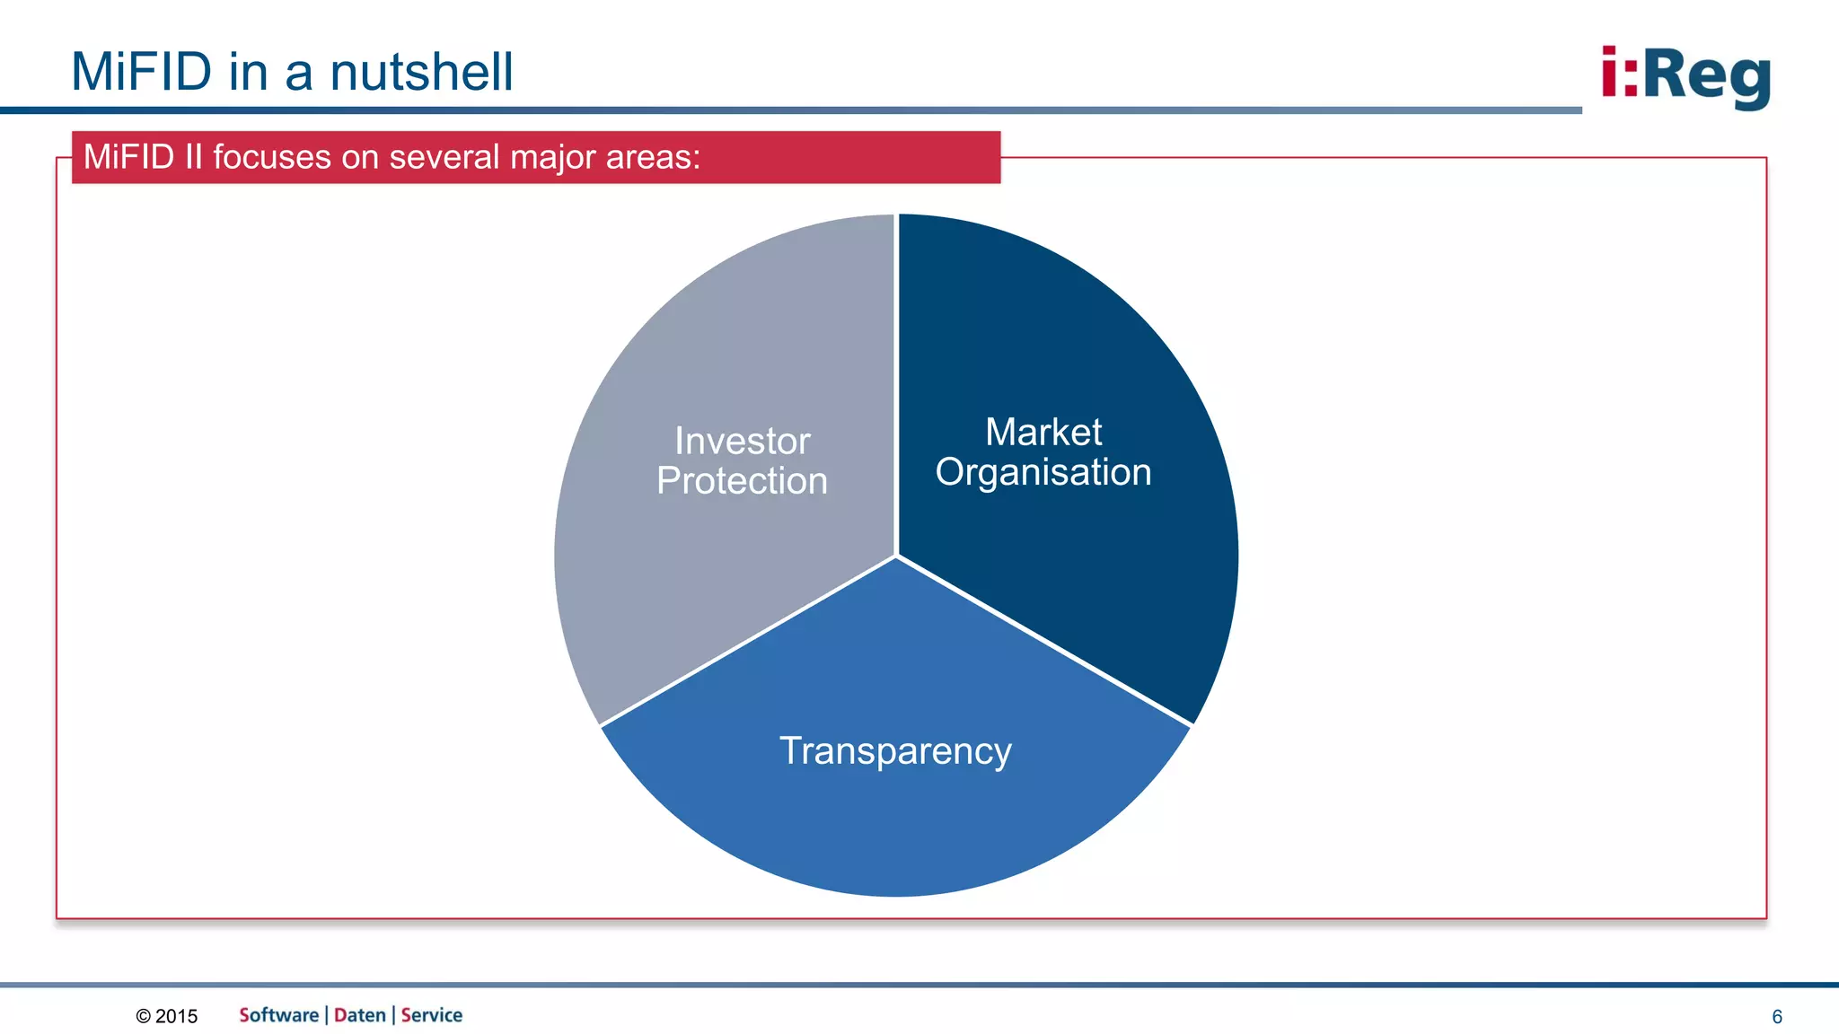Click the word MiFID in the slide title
pyautogui.click(x=141, y=72)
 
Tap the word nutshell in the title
pyautogui.click(x=421, y=72)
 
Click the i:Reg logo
pyautogui.click(x=1685, y=76)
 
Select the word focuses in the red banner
pyautogui.click(x=272, y=157)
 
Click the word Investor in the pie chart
pyautogui.click(x=742, y=441)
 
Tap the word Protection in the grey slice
pyautogui.click(x=742, y=481)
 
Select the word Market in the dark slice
pyautogui.click(x=1043, y=432)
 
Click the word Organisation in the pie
pyautogui.click(x=1043, y=472)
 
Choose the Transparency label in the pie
pyautogui.click(x=895, y=750)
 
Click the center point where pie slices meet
pyautogui.click(x=896, y=556)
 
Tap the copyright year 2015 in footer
pyautogui.click(x=176, y=1016)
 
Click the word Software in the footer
pyautogui.click(x=278, y=1015)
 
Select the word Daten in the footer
pyautogui.click(x=359, y=1015)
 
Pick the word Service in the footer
pyautogui.click(x=431, y=1015)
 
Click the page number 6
pyautogui.click(x=1776, y=1016)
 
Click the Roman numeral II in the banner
pyautogui.click(x=193, y=157)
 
